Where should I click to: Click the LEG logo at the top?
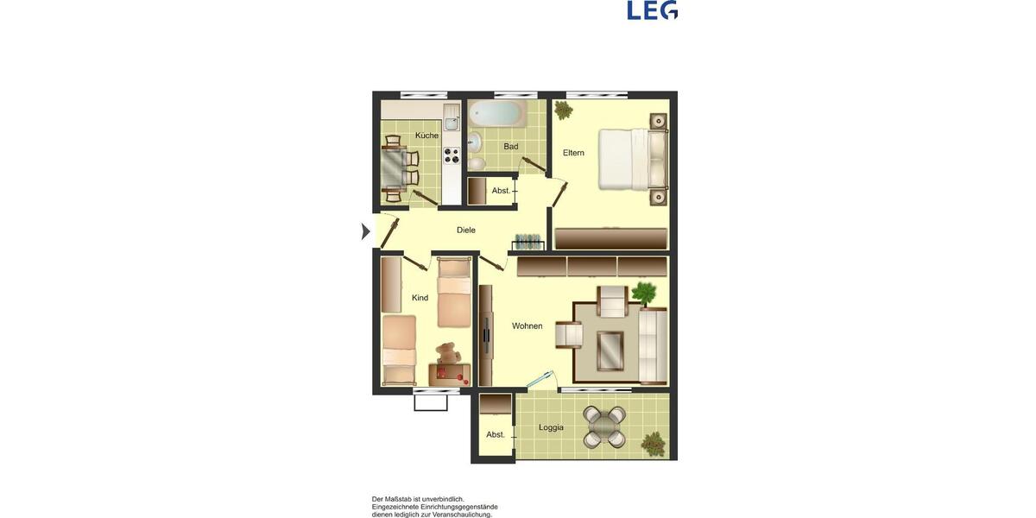pyautogui.click(x=652, y=10)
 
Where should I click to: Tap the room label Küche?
pyautogui.click(x=426, y=136)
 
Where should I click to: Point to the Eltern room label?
pyautogui.click(x=573, y=153)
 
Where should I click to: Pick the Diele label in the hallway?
pyautogui.click(x=466, y=230)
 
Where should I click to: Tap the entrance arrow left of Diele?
pyautogui.click(x=365, y=231)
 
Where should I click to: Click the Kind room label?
pyautogui.click(x=420, y=298)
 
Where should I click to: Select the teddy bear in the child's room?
pyautogui.click(x=446, y=353)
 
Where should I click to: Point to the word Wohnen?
pyautogui.click(x=527, y=325)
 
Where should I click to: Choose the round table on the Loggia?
pyautogui.click(x=604, y=426)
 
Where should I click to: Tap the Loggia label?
pyautogui.click(x=551, y=427)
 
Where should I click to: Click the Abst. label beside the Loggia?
pyautogui.click(x=495, y=434)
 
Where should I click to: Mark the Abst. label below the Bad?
pyautogui.click(x=501, y=190)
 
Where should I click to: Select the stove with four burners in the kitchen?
pyautogui.click(x=452, y=155)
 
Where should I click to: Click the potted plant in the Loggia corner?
pyautogui.click(x=654, y=444)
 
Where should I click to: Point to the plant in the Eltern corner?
pyautogui.click(x=563, y=110)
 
